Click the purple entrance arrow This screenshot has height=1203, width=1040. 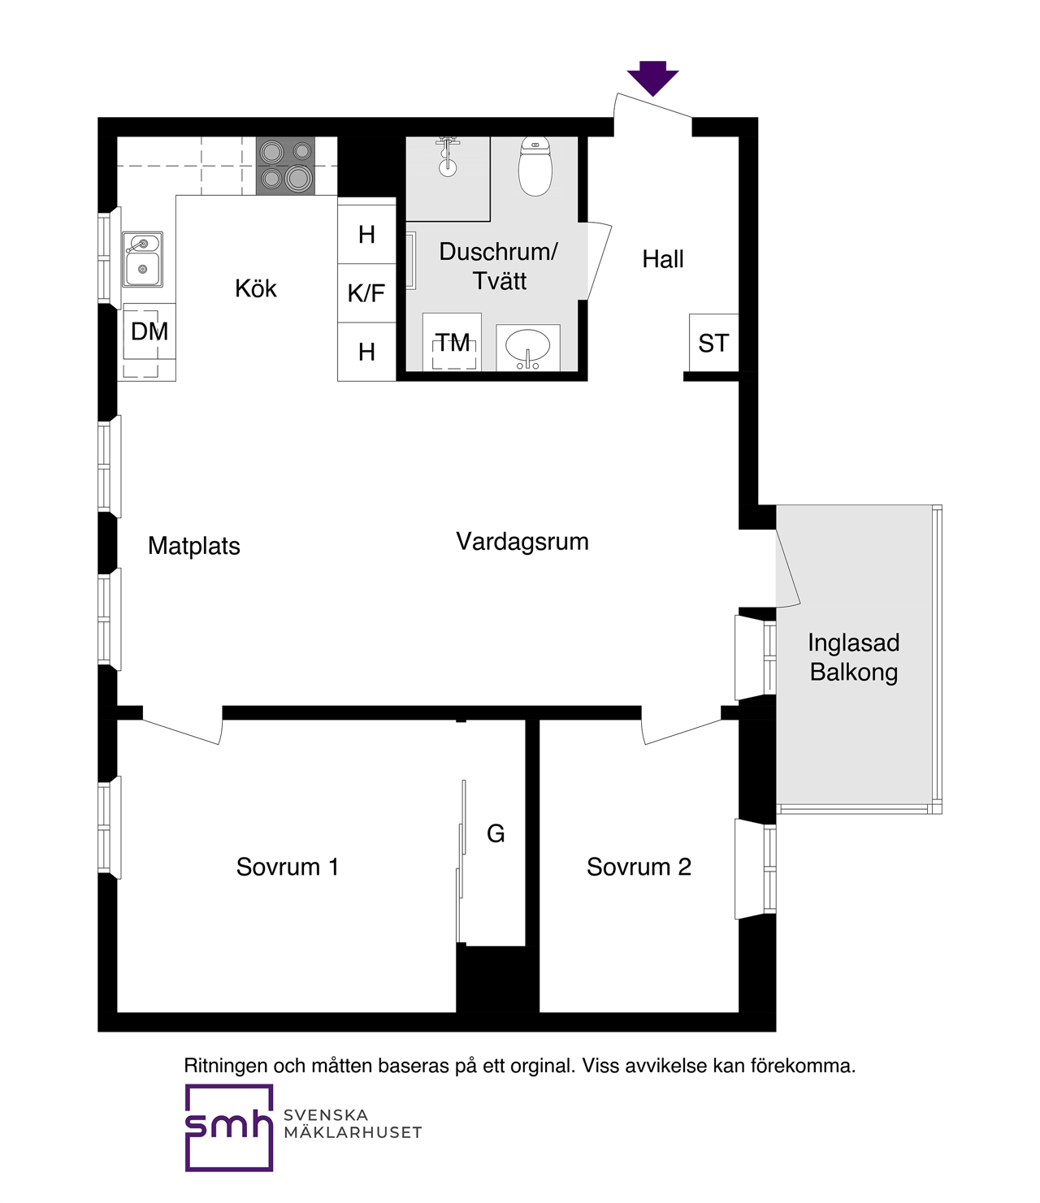[652, 78]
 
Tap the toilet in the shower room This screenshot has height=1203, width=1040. [535, 166]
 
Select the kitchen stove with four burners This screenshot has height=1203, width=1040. [285, 166]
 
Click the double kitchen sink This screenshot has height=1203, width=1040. [142, 260]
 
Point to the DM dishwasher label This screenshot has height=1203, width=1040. [149, 331]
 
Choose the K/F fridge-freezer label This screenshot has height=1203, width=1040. [366, 293]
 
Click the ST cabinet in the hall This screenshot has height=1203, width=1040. [713, 343]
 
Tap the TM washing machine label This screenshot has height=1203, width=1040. [453, 342]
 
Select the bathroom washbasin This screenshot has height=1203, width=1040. [527, 348]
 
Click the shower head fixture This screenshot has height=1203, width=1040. [448, 156]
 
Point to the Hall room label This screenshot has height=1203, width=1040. [663, 259]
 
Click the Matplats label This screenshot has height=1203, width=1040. [194, 546]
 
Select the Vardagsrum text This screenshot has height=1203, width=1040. [522, 542]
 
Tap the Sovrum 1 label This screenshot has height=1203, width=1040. [287, 867]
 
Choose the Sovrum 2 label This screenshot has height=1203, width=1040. [639, 867]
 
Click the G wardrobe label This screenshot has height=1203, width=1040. [496, 834]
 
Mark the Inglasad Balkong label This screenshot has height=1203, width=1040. [854, 657]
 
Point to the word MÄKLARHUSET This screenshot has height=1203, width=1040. [353, 1132]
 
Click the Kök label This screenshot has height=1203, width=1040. [256, 288]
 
